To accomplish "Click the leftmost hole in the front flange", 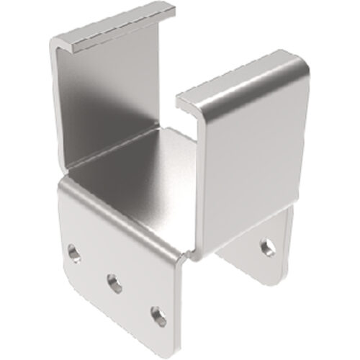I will coord(73,253).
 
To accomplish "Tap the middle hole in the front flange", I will coord(114,282).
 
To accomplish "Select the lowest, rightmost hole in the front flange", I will coord(158,315).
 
